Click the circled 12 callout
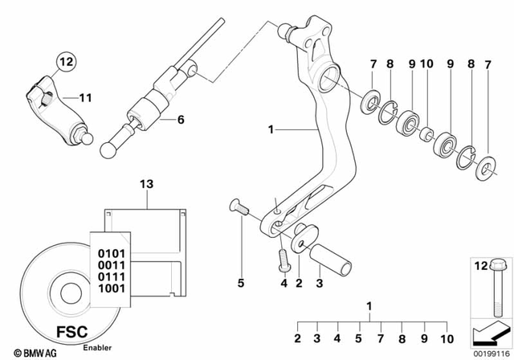pyautogui.click(x=64, y=60)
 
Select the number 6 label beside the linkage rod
pyautogui.click(x=180, y=120)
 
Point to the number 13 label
pyautogui.click(x=145, y=185)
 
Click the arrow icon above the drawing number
pyautogui.click(x=487, y=329)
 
